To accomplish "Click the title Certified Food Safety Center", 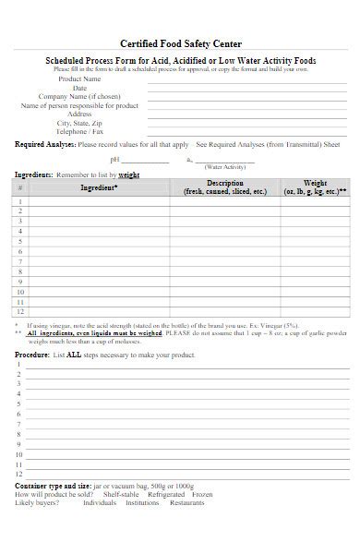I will [180, 43].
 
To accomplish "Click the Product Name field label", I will [80, 79].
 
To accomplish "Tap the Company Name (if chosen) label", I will [79, 97].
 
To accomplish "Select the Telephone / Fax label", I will [80, 131].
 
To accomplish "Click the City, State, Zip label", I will [80, 123].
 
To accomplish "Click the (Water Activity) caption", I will [224, 167].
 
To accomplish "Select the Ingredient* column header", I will [99, 187].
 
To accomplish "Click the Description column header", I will [224, 187].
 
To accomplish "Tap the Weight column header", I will [316, 187].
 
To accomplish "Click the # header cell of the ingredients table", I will [20, 187].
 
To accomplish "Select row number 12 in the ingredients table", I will [20, 313].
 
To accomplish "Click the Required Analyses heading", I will [45, 145].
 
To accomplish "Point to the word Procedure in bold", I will [32, 355].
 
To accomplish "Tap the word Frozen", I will [202, 495].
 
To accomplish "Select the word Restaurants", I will [187, 503].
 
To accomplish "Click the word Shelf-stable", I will [121, 495].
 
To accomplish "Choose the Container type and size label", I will [52, 486].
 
